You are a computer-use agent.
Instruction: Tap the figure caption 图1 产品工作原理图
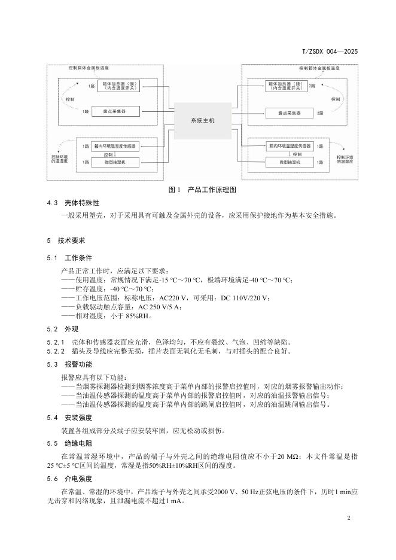click(202, 190)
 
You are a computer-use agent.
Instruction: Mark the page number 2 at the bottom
click(348, 518)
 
